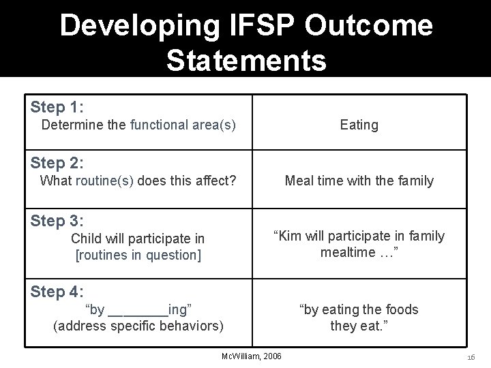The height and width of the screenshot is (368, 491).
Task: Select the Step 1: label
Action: pos(57,108)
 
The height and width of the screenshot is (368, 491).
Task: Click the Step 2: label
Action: pos(57,164)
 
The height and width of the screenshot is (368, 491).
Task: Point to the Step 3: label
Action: pos(57,221)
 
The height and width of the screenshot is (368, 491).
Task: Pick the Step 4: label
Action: pos(57,292)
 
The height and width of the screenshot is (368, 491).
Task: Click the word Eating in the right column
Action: pos(359,125)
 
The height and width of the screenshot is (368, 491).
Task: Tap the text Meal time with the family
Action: pos(359,181)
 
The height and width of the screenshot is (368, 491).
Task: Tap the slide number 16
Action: pos(471,356)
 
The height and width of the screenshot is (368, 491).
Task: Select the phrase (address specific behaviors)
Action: pos(138,326)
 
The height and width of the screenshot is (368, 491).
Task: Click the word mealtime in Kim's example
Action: pos(346,252)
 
